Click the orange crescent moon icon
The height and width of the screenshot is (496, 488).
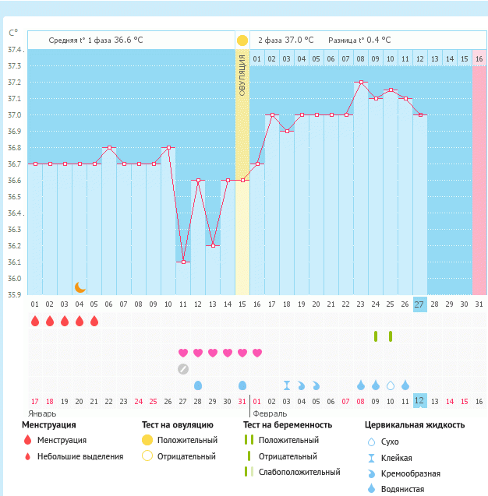pos(80,287)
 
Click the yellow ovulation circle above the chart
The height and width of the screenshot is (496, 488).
pos(242,40)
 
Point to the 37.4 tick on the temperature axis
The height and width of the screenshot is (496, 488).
pos(16,50)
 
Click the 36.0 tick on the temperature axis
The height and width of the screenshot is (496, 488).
pos(15,279)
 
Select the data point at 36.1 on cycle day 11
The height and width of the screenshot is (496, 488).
pos(183,262)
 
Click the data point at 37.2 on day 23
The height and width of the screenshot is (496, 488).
pos(361,82)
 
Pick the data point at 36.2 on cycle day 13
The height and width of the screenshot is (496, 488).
pos(213,245)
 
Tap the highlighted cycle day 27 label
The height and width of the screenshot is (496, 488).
pos(419,304)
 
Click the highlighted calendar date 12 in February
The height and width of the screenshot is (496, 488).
pos(419,401)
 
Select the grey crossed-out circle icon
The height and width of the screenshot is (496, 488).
pos(183,368)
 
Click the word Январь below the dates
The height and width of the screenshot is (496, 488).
pos(42,413)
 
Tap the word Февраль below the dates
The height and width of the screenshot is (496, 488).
pos(270,413)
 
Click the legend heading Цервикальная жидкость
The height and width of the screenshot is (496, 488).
pos(415,425)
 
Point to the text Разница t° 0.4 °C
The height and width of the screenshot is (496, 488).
pos(359,40)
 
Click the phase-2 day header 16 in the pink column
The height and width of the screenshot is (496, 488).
pos(479,58)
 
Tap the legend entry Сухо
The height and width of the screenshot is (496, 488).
pos(390,441)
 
